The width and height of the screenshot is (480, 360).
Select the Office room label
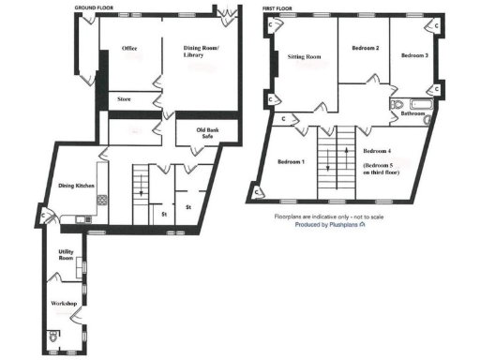[x=129, y=48]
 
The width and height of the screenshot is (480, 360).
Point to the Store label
[x=124, y=98]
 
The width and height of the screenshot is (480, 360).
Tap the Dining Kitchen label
[x=77, y=186]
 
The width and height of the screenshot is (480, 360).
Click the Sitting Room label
[x=304, y=57]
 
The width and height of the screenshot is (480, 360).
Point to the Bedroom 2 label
[x=365, y=48]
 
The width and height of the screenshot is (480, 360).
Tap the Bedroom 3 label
[x=414, y=56]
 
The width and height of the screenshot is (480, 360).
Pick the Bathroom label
[x=413, y=113]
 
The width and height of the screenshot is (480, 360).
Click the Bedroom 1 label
[x=291, y=162]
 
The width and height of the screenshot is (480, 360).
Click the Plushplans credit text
[x=330, y=225]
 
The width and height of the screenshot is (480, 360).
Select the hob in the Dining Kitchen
[x=101, y=200]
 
